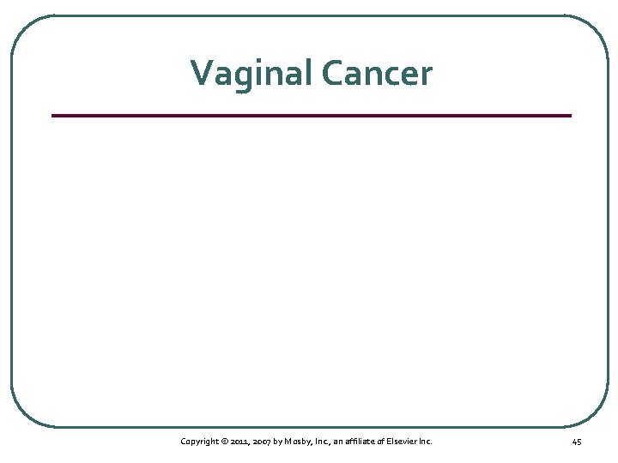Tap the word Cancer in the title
point(378,73)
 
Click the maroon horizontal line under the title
point(311,115)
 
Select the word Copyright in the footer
point(199,442)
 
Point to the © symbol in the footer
point(225,442)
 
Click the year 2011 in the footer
point(240,442)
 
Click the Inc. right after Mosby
point(320,442)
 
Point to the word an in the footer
point(336,442)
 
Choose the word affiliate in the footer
point(359,442)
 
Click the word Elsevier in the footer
point(401,442)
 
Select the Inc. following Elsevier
point(425,442)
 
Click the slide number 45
point(576,442)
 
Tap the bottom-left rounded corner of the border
point(22,415)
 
